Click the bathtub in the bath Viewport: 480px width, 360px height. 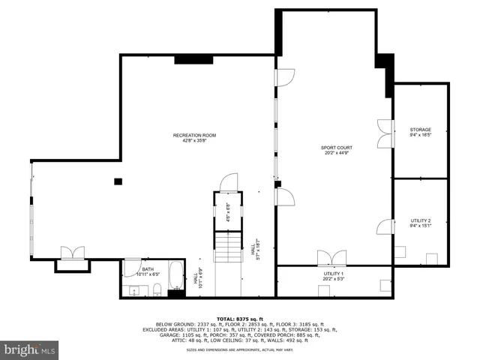[x=175, y=277]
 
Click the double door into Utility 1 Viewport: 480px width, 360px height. [x=328, y=259]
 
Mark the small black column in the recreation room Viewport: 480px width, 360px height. [x=118, y=181]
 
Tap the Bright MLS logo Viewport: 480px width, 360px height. [x=30, y=349]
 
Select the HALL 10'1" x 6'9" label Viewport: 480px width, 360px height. [x=198, y=279]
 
